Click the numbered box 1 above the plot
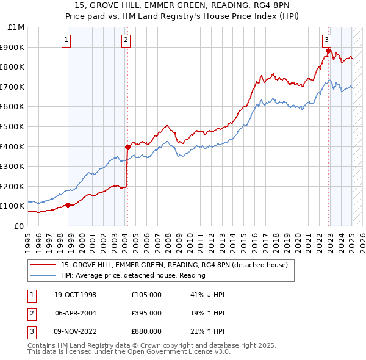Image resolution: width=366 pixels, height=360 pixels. pyautogui.click(x=65, y=41)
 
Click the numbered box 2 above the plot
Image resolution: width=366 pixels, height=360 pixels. pyautogui.click(x=125, y=41)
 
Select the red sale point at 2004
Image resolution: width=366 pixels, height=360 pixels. pyautogui.click(x=127, y=147)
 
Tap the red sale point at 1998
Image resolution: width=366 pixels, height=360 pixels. pyautogui.click(x=68, y=205)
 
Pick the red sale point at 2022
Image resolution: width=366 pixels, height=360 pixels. pyautogui.click(x=329, y=51)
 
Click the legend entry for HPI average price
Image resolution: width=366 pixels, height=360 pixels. pyautogui.click(x=133, y=275)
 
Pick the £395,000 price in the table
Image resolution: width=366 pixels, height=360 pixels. pyautogui.click(x=146, y=313)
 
